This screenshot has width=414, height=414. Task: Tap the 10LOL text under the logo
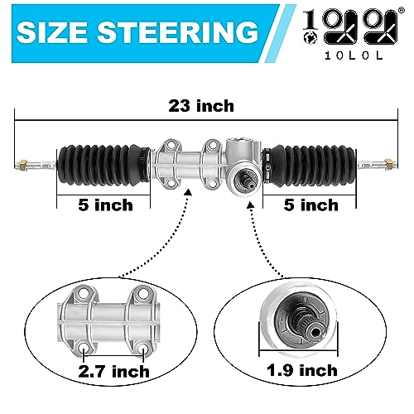click(354, 55)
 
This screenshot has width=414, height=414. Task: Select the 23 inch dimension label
click(201, 106)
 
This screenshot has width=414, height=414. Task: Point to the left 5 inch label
click(105, 205)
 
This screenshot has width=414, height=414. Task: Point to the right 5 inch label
click(311, 205)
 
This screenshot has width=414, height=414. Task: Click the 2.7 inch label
click(113, 372)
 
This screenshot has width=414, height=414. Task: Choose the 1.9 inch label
click(302, 370)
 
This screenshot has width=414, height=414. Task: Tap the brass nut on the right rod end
click(388, 164)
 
